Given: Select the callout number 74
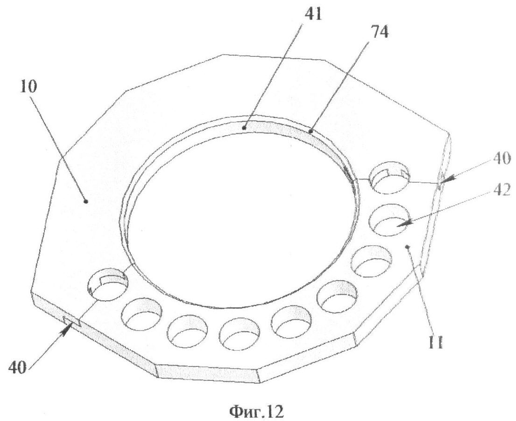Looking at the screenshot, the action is pos(378,32).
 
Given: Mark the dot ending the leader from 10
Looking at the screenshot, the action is pos(85,201).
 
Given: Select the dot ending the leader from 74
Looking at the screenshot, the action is pos(311,131).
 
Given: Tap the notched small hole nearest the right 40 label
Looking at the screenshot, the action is pos(389,177).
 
